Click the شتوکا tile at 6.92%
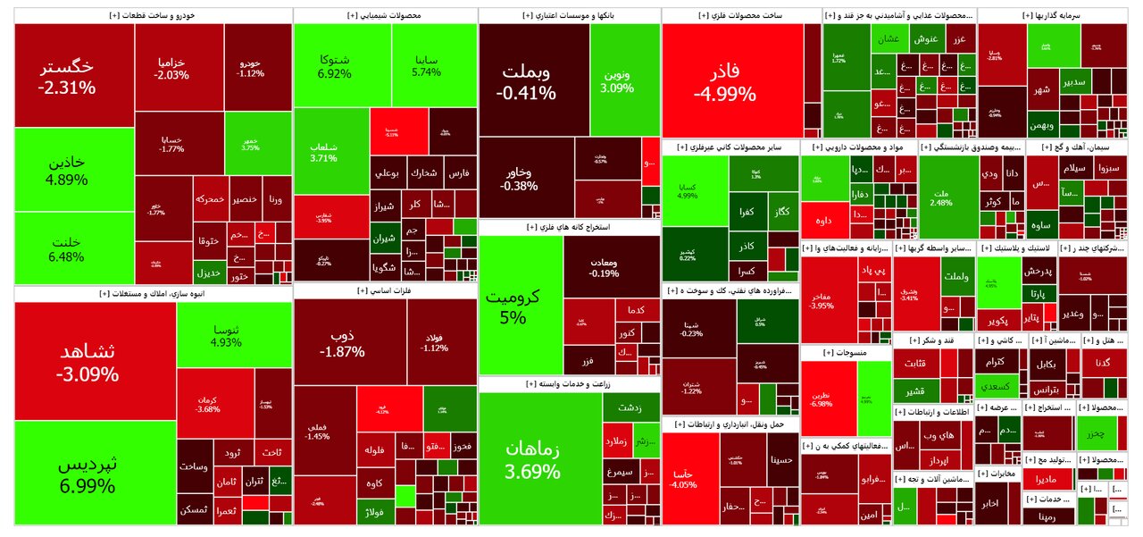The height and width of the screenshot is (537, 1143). [331, 66]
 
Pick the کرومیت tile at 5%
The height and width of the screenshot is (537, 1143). [520, 306]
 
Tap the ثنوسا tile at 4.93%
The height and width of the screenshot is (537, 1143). [234, 334]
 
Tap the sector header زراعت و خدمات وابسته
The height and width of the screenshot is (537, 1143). [569, 384]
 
